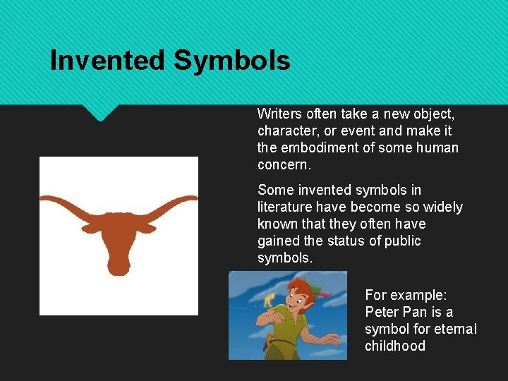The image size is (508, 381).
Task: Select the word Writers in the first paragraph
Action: click(278, 114)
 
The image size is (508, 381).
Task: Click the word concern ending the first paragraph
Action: click(282, 164)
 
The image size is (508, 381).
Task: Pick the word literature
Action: click(286, 207)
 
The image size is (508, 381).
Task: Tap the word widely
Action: click(443, 207)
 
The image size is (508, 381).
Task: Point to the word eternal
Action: click(452, 329)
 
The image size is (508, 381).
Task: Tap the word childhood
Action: click(395, 346)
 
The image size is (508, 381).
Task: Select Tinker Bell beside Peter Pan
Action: click(269, 299)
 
